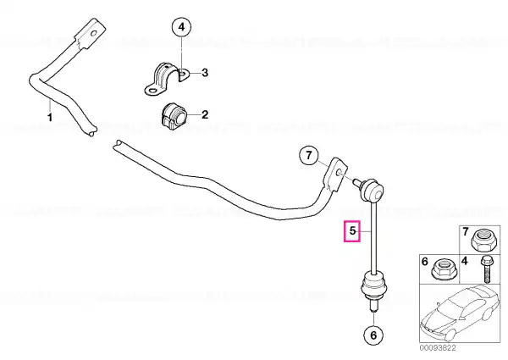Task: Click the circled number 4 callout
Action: [x=181, y=27]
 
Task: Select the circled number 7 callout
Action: [x=309, y=156]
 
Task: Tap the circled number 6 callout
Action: [x=373, y=335]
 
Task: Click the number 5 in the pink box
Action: [x=352, y=231]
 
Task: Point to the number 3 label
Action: [x=205, y=73]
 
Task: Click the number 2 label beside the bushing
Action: [x=205, y=114]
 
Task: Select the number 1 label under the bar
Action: [x=50, y=117]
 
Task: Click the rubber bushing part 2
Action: [x=174, y=116]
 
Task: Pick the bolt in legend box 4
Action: [x=486, y=269]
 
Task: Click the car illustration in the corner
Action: [x=460, y=313]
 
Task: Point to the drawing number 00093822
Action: [x=438, y=348]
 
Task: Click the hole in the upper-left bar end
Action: [x=93, y=33]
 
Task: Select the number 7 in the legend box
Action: [x=466, y=232]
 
